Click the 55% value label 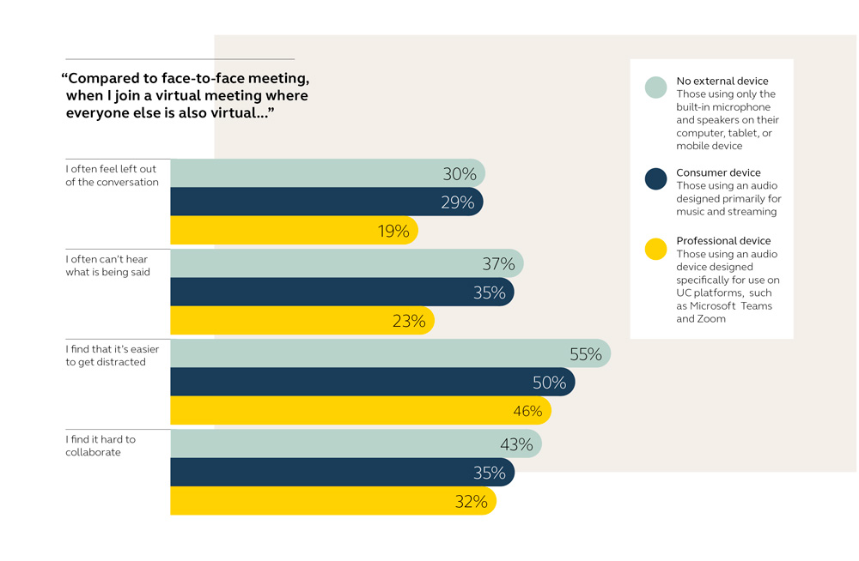(586, 354)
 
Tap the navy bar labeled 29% (326, 202)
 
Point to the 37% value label (498, 264)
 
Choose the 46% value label (527, 411)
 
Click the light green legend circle (656, 87)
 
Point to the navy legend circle (656, 179)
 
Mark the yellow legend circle (656, 249)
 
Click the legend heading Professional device (723, 241)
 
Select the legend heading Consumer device (718, 172)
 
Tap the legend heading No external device (722, 81)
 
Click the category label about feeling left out (112, 176)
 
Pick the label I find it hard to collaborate (101, 446)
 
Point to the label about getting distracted (112, 356)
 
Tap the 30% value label (460, 174)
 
